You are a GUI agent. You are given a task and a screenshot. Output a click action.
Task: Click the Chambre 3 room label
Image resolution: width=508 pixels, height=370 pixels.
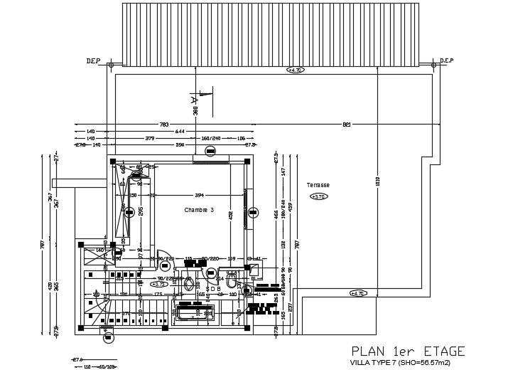coord(199,210)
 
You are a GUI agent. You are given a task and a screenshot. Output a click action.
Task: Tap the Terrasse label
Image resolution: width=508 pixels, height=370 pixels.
coord(318,184)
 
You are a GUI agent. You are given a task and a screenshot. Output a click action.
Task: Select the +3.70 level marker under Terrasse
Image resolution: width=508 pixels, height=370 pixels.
coord(319,197)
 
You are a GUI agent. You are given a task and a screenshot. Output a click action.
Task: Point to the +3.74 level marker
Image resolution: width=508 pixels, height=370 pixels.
coord(160,284)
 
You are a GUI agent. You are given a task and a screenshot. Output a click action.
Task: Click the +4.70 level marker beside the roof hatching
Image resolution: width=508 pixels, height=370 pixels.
coord(295,70)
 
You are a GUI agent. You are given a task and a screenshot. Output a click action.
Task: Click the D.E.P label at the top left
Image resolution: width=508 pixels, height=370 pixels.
coord(94,61)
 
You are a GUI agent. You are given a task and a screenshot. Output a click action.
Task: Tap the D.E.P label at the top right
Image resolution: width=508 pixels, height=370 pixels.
coord(447,61)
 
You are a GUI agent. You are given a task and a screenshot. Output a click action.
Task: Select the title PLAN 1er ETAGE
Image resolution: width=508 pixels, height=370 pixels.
coord(409,351)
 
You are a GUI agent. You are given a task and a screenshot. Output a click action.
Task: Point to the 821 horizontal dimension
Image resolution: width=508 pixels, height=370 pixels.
coord(347,125)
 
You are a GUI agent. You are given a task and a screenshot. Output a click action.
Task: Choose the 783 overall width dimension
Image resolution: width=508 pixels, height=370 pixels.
coord(164,125)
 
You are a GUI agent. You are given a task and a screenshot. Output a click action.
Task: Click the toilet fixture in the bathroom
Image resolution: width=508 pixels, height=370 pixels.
coord(233,284)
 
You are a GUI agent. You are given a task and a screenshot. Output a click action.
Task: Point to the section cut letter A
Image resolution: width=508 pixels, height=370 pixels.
coord(193,102)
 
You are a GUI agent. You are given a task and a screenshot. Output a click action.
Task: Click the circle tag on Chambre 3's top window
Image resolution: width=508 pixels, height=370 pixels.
coord(211,151)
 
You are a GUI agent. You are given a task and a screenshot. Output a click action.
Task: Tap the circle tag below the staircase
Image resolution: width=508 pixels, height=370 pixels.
coord(108,338)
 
